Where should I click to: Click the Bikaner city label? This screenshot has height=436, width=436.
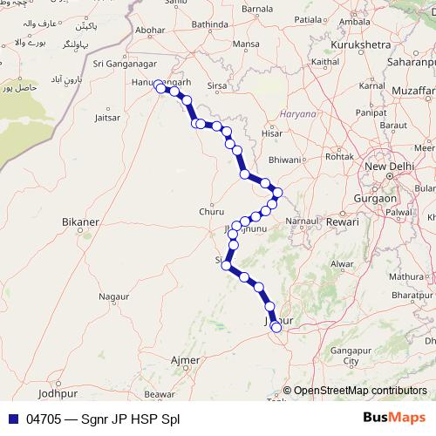(x=81, y=223)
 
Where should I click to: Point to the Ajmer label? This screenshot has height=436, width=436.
(x=184, y=359)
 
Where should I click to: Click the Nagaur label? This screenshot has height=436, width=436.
(x=113, y=297)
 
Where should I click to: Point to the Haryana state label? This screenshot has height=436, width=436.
(x=296, y=113)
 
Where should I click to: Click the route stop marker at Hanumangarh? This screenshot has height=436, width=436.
(x=159, y=86)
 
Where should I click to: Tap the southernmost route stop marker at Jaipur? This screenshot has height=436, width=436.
(x=276, y=328)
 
